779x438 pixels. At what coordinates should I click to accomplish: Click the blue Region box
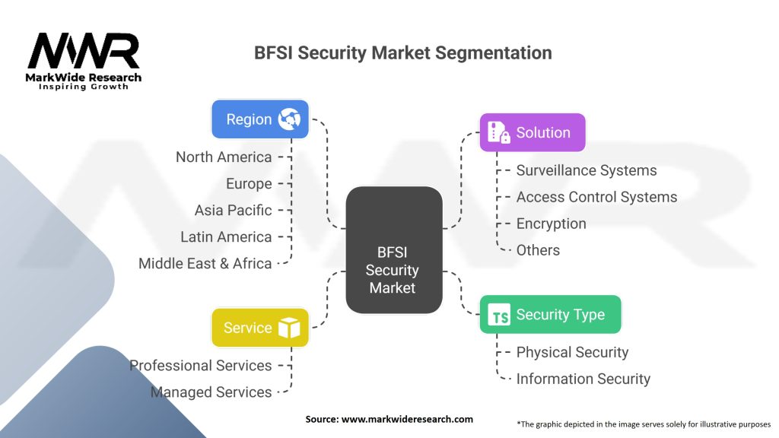(260, 119)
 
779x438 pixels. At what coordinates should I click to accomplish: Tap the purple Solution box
(533, 132)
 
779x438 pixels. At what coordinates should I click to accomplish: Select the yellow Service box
(260, 328)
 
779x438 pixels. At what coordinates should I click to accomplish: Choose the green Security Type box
(551, 314)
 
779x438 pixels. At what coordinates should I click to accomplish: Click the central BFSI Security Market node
(394, 250)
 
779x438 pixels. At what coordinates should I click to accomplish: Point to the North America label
(224, 157)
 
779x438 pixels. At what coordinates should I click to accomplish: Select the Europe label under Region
(249, 184)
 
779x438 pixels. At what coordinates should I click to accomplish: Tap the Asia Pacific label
(233, 210)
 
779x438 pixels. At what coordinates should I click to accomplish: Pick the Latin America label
(226, 237)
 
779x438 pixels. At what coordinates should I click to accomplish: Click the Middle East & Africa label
(205, 263)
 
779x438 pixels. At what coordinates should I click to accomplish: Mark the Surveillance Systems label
(587, 170)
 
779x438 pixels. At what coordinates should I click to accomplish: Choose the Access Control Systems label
(596, 197)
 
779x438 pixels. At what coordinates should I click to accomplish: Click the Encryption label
(551, 224)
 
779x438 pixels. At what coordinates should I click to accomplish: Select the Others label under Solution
(538, 250)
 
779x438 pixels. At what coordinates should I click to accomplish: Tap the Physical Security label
(572, 352)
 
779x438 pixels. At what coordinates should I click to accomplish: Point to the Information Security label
(583, 379)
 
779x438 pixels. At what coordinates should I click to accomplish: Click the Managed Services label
(211, 392)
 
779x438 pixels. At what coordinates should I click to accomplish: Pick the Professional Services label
(201, 366)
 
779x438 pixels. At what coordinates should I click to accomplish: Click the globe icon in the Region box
(289, 119)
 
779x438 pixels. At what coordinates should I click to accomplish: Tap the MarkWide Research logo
(84, 62)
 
